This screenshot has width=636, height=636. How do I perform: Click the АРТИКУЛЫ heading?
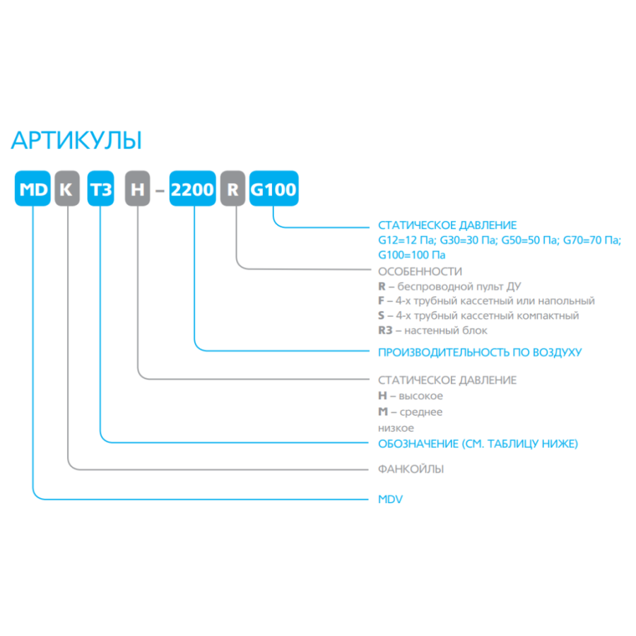pos(76,141)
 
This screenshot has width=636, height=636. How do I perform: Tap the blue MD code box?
pos(33,189)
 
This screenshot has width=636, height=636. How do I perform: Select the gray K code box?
pos(67,189)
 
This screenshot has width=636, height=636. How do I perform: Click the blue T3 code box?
pos(100,189)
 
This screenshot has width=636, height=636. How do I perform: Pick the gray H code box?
pos(138,189)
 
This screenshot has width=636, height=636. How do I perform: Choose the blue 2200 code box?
pos(192,189)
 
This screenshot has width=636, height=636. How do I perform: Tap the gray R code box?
pos(232,189)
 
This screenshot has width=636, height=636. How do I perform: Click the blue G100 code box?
pos(273,189)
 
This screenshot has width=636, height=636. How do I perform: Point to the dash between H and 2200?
pos(160,189)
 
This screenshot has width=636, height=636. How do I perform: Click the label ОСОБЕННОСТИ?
pos(420,271)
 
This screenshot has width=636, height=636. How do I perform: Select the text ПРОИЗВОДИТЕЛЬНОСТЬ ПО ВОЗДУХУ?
pos(480,353)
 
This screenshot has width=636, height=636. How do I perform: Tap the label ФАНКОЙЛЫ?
pos(411,469)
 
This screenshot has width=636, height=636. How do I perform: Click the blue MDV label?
pos(390,500)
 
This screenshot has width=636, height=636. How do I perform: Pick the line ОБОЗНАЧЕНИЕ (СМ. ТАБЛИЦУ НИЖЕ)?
pos(478,444)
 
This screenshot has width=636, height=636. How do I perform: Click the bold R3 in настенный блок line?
pos(385,331)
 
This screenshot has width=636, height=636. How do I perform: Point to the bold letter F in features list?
pos(381,301)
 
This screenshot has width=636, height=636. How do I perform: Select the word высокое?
pos(420,396)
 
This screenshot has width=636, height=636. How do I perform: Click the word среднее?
pos(421,413)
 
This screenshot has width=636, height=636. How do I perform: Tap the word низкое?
pos(396,428)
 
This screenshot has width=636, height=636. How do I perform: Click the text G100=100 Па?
pos(412,255)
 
